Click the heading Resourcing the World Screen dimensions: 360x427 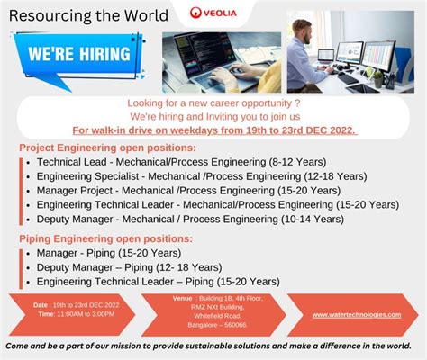(x=89, y=15)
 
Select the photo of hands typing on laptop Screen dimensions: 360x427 (x=221, y=62)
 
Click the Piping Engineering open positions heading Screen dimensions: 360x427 (x=105, y=239)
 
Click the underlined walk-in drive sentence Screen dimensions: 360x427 (x=213, y=129)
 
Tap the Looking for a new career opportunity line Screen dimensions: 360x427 (x=213, y=103)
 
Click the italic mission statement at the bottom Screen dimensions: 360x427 (x=213, y=346)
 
